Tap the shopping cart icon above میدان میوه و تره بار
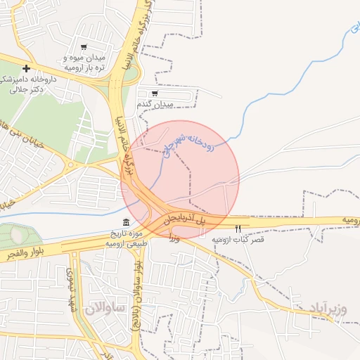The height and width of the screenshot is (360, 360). coord(84,46)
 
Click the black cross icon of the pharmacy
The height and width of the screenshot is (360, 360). coord(26,68)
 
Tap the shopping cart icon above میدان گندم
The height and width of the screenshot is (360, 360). coord(155,92)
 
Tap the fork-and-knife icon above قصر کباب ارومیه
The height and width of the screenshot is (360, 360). coord(238,229)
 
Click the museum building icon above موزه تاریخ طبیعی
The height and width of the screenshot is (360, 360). coord(126,223)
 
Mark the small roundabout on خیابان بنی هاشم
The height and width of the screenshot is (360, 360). coord(71,166)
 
